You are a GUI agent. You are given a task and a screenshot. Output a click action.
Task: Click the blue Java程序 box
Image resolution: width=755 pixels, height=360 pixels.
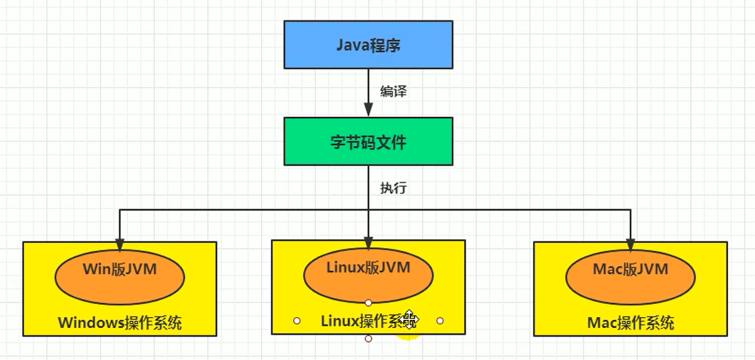(368, 45)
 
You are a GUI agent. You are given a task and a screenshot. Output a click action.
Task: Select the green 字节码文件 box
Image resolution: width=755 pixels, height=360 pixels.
(368, 142)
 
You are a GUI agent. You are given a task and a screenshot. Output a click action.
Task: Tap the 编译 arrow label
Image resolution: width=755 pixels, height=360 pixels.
(393, 92)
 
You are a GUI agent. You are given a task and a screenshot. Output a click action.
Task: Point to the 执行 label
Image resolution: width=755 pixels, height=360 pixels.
(393, 188)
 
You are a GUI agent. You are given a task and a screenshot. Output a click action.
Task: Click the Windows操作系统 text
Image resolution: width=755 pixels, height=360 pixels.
(120, 323)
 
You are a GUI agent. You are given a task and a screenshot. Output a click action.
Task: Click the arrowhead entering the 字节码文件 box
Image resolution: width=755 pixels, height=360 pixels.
(368, 111)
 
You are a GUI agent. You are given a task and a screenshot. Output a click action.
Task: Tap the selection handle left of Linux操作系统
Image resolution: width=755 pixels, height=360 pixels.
(297, 320)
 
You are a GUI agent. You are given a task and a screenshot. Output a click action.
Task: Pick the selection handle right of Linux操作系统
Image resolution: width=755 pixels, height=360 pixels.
(440, 320)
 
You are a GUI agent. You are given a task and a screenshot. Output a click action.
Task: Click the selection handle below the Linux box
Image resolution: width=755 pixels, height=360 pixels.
(368, 339)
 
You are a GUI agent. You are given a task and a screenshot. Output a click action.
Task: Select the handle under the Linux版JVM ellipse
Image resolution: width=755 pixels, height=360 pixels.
(368, 302)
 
